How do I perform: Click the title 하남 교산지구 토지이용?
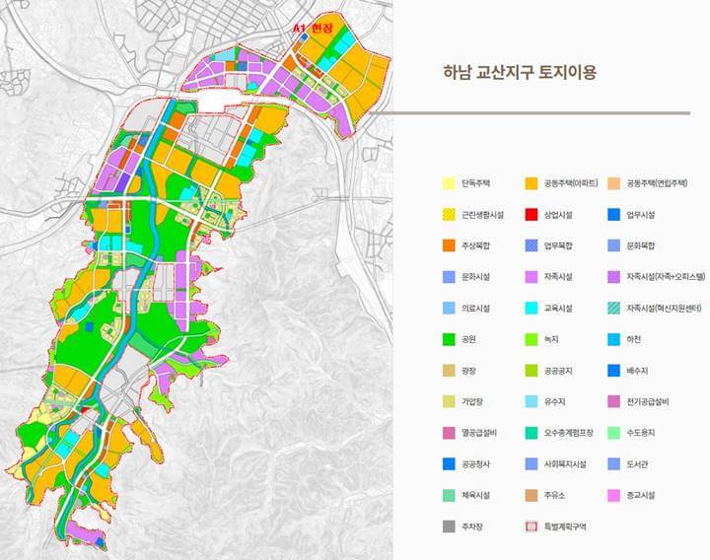coord(520,72)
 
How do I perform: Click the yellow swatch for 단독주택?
coord(449,183)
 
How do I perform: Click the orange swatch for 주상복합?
coord(449,245)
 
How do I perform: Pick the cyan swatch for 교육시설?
coord(532,308)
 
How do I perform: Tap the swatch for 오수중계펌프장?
coord(532,433)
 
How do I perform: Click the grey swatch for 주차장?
coord(449,526)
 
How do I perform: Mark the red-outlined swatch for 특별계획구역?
coord(532,526)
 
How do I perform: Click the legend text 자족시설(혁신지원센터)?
coord(663,308)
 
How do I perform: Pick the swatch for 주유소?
coord(532,495)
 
